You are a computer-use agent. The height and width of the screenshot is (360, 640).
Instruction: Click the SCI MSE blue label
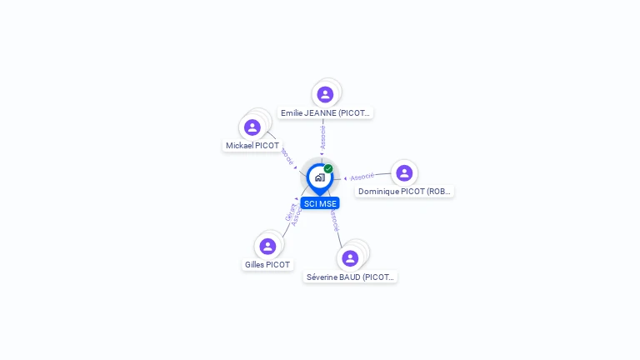point(320,203)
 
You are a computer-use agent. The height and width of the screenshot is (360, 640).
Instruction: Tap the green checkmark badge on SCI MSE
point(328,169)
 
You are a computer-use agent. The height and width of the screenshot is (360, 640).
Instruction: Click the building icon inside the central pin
point(319,177)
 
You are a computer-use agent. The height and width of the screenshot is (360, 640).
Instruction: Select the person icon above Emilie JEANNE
point(325,94)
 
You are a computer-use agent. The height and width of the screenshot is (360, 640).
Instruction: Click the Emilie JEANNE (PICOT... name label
point(326,112)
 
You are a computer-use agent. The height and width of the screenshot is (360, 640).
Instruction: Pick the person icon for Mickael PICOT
point(252,127)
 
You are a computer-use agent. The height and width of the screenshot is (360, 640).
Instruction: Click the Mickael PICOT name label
point(252,146)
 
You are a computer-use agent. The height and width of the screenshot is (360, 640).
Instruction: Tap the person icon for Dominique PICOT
point(404,172)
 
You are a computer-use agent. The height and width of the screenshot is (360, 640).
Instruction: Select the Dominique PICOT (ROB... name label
point(404,192)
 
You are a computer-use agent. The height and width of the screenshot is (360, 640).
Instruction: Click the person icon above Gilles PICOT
point(267,246)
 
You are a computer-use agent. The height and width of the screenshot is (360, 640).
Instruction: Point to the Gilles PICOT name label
point(267,265)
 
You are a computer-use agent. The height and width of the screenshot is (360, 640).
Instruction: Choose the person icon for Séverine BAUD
point(350,258)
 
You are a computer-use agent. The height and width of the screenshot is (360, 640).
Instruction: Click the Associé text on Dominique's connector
point(362,177)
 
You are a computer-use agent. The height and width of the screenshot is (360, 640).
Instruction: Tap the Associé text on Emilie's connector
point(322,137)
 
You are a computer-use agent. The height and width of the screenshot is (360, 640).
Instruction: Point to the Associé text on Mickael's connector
point(287,155)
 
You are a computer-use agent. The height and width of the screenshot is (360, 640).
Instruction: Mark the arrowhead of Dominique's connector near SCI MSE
point(346,178)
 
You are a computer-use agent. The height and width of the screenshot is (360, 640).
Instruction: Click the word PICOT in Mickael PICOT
point(267,146)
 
